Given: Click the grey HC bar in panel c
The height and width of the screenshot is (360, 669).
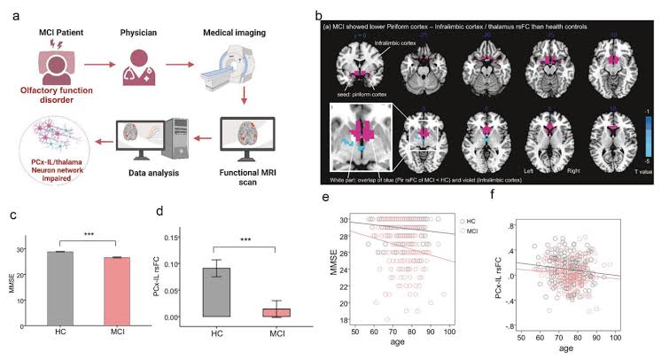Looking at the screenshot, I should pos(60,285).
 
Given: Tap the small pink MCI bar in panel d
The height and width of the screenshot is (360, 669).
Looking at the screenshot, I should pos(276,312).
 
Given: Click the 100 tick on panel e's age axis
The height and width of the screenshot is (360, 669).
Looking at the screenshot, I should pos(450,332).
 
